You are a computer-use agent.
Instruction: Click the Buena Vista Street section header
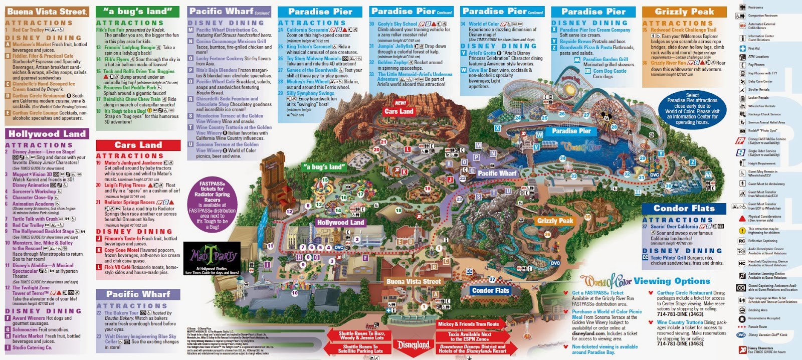tap(47, 11)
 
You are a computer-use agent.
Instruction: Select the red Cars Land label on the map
tap(399, 111)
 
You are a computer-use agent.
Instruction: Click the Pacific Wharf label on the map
tap(496, 173)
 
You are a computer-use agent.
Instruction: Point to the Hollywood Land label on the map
tap(341, 222)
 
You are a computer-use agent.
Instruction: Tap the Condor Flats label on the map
tap(490, 290)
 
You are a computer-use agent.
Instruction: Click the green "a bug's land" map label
tap(324, 167)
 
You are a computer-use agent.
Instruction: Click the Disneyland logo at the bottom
tap(414, 345)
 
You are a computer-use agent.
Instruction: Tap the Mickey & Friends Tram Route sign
tap(469, 324)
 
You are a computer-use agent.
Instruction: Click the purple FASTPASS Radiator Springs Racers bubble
tap(212, 205)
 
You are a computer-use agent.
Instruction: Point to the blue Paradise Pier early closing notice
tap(692, 108)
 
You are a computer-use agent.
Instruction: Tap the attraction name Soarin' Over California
tap(674, 227)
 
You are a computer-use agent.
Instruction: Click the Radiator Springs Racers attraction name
tap(129, 203)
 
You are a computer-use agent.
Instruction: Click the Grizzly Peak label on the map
tap(555, 221)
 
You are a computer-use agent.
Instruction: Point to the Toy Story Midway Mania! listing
tap(313, 59)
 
